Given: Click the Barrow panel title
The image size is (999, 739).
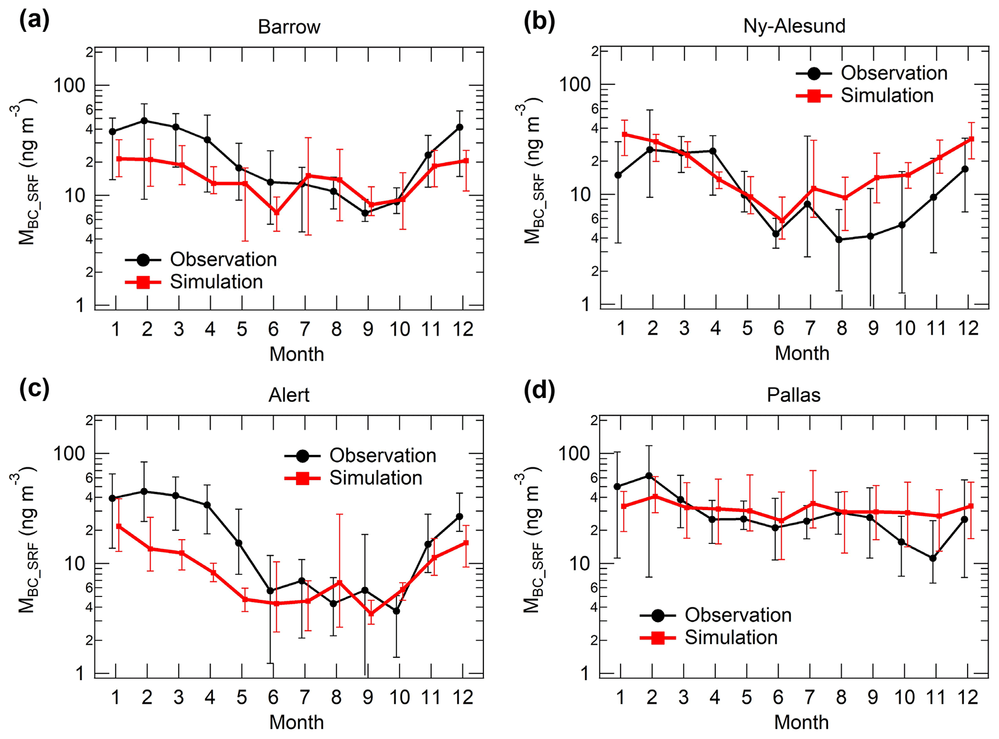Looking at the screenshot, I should tap(289, 27).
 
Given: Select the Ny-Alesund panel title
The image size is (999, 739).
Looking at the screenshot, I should tap(794, 26).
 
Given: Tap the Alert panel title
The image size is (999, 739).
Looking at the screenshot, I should tap(289, 395).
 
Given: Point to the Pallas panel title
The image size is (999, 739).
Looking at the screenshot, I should tap(794, 395).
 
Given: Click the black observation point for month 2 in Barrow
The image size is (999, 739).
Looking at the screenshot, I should tap(144, 121).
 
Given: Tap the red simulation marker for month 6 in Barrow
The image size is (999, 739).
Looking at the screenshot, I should tap(276, 213).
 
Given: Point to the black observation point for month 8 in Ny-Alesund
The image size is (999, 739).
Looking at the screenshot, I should tap(839, 240).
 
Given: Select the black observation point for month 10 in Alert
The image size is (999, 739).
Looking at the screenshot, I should tap(396, 611).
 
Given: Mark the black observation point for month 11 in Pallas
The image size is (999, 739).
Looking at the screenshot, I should tap(933, 558).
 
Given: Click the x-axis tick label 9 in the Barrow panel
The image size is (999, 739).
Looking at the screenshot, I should tap(368, 329).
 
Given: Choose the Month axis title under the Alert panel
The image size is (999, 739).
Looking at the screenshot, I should tap(296, 722).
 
